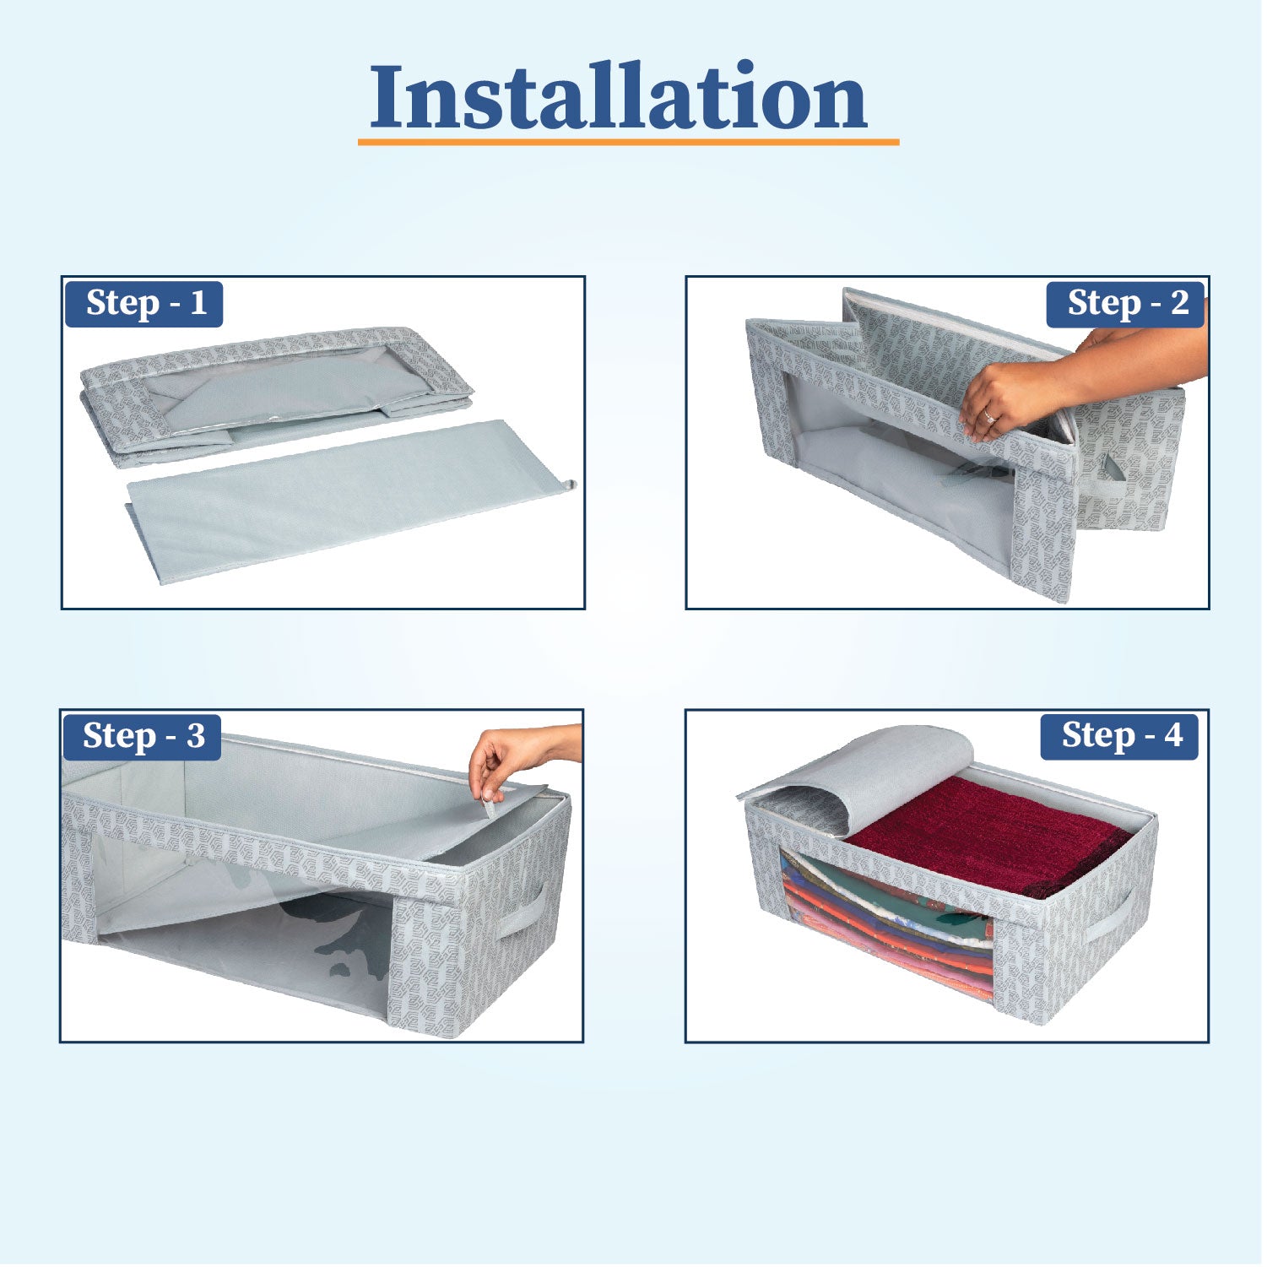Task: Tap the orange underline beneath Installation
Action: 628,142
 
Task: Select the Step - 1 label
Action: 144,304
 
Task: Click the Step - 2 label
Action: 1125,304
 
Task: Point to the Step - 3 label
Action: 143,737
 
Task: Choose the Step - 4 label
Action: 1119,736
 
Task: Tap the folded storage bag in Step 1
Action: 276,395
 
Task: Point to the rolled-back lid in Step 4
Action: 861,777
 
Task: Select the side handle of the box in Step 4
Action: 1107,919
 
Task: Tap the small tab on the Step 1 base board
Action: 571,485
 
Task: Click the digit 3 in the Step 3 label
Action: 196,737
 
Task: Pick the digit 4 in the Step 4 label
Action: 1173,736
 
